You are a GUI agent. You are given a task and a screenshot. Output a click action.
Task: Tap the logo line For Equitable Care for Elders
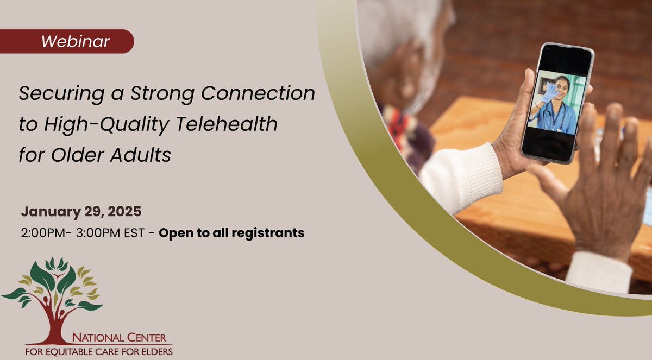click(99, 351)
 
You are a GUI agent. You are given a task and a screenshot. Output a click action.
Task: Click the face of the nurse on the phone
click(561, 87)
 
